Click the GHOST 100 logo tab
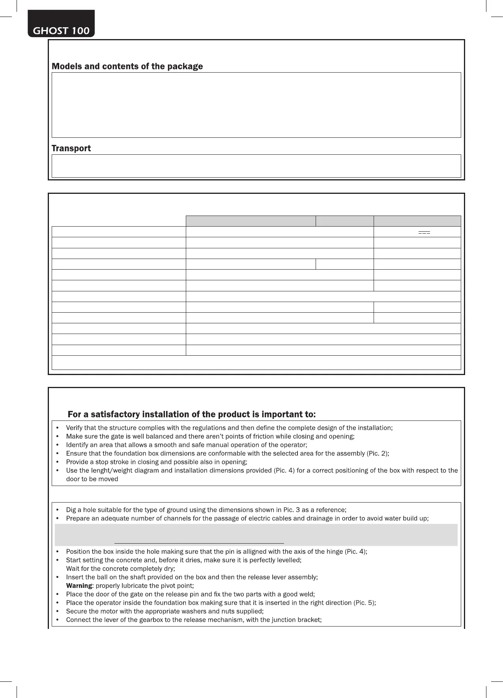(61, 30)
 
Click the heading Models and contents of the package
(127, 66)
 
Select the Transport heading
(71, 148)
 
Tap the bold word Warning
(79, 585)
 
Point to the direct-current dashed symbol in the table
(424, 233)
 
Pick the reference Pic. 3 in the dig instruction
(292, 510)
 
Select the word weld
(307, 594)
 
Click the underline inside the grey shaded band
(199, 543)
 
